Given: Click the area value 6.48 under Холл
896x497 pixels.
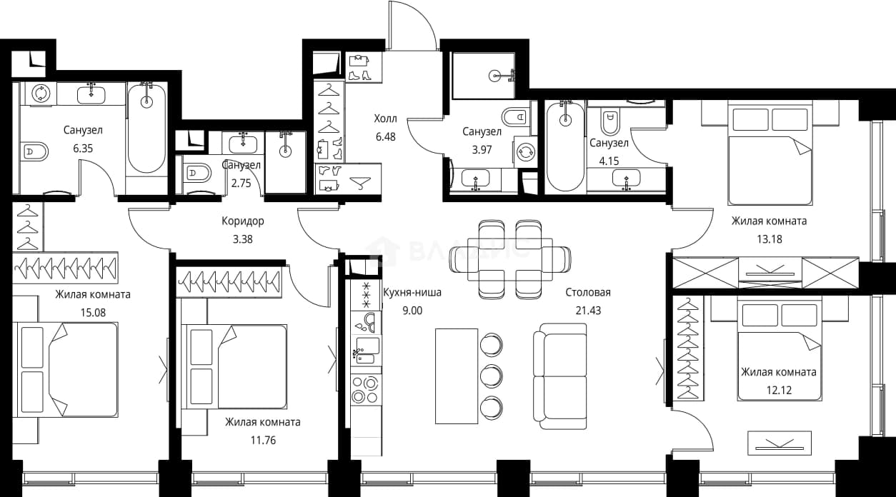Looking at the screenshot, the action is click(x=386, y=136).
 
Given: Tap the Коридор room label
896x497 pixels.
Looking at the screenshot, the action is click(x=243, y=221).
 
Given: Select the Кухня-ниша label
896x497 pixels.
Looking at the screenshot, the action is click(x=412, y=292).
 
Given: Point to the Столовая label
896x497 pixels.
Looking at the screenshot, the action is click(x=588, y=292).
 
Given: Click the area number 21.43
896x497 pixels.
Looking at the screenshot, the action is click(x=588, y=311).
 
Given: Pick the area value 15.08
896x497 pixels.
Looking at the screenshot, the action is click(x=93, y=312).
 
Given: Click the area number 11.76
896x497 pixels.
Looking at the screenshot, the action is click(x=263, y=440).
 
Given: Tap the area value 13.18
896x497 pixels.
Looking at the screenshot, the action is click(x=770, y=239).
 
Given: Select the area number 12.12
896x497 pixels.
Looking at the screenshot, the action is click(x=779, y=390).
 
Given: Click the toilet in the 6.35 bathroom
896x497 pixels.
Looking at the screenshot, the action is click(x=34, y=151).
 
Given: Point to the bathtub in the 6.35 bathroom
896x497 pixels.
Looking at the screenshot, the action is click(x=146, y=129).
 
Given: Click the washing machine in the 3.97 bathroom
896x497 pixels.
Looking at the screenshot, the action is click(x=525, y=152).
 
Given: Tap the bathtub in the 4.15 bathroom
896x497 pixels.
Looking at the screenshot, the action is click(x=565, y=146).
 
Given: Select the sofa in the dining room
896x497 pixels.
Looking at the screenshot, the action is click(x=560, y=376).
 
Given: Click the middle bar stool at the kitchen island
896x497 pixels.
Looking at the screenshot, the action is click(x=491, y=376).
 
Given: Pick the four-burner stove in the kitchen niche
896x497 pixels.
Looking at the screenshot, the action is click(x=365, y=390).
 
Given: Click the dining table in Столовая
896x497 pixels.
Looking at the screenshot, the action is click(x=510, y=259).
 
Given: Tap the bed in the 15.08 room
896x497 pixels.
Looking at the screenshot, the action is click(x=66, y=370).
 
